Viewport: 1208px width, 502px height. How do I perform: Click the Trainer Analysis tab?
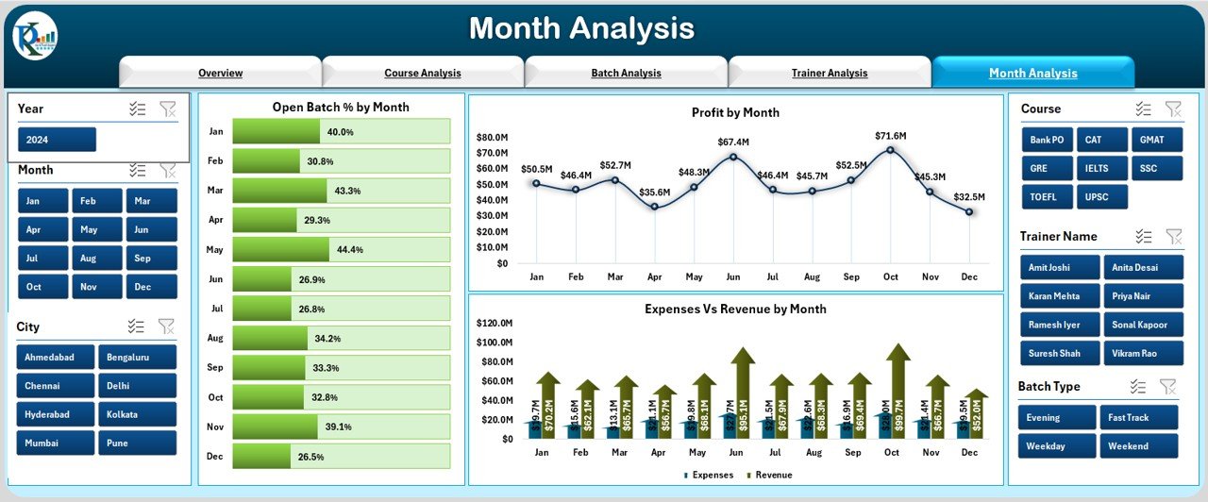pos(829,73)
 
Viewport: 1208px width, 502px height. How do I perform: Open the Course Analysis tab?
pos(423,73)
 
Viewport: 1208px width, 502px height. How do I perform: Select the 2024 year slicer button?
pos(57,140)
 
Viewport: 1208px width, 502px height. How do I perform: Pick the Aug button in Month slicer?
pos(88,258)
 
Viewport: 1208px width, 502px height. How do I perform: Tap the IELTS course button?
pos(1102,168)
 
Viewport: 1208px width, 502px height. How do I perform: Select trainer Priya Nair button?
pos(1143,295)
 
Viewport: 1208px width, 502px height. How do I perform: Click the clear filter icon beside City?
pos(166,326)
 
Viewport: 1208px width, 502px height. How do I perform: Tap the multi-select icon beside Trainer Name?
pos(1144,236)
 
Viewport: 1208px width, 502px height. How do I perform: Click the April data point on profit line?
pos(654,207)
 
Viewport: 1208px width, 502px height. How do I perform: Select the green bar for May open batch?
pos(280,249)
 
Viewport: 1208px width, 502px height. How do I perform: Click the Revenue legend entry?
pos(768,475)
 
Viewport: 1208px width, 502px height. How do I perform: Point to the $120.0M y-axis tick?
pos(494,323)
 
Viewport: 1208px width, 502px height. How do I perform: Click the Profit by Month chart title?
pos(735,112)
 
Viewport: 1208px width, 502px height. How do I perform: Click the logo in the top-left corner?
pos(35,37)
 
